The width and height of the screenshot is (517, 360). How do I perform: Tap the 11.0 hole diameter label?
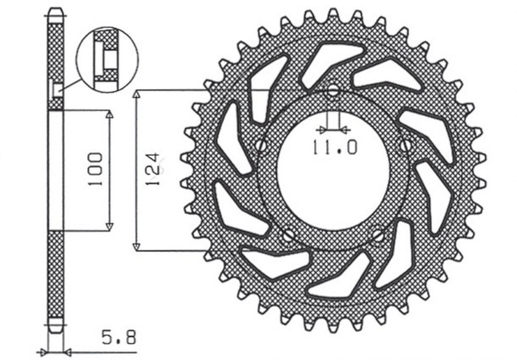(x=333, y=148)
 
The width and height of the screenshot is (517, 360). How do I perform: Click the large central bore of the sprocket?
(x=333, y=169)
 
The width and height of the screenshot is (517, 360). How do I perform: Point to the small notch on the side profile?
(x=58, y=88)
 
